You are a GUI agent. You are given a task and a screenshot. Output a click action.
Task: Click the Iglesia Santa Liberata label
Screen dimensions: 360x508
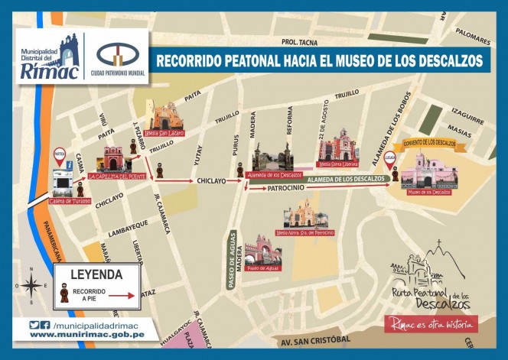[338, 163]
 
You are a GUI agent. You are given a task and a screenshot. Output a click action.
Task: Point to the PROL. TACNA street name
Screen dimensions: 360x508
[300, 42]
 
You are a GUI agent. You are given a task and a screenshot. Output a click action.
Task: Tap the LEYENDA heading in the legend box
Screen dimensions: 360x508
[96, 274]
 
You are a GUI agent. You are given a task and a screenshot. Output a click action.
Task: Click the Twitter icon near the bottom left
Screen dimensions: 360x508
[34, 325]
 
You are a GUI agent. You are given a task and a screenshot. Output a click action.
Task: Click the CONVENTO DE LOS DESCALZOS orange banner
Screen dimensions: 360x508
[430, 142]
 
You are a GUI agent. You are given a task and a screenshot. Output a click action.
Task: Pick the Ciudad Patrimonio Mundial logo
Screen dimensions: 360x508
[114, 56]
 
